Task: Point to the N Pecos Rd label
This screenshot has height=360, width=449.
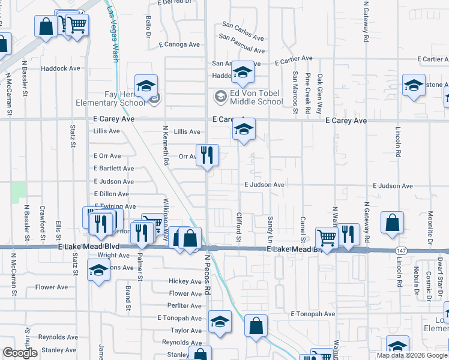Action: [206, 273]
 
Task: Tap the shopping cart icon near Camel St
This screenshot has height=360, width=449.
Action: [327, 237]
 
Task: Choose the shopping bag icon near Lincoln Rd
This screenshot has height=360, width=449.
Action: [391, 223]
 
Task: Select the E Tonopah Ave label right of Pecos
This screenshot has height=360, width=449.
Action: [313, 314]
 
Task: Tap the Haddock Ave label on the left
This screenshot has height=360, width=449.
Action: [61, 68]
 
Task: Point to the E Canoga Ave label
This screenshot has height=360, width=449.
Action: [179, 44]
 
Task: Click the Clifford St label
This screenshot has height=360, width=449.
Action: [238, 228]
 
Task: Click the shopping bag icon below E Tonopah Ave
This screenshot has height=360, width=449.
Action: [256, 326]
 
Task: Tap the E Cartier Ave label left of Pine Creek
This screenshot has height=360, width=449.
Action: [294, 59]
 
